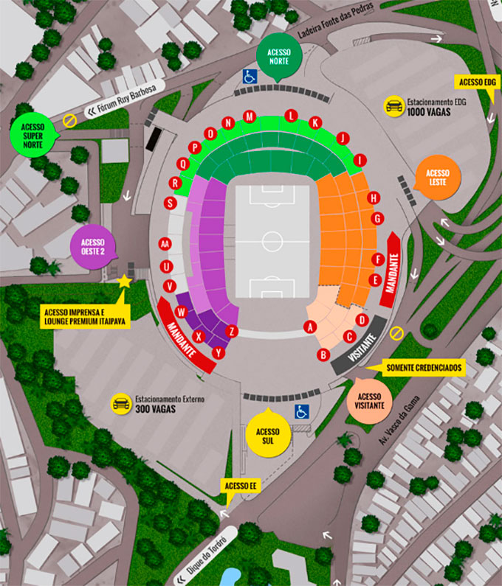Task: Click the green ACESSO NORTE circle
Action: [278, 57]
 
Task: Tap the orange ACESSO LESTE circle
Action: [439, 177]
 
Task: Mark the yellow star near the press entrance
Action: [124, 282]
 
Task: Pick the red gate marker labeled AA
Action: [165, 243]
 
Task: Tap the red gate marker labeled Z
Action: [232, 331]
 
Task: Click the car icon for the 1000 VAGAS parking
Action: [393, 105]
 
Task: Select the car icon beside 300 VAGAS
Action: [121, 403]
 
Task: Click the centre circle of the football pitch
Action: [272, 241]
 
